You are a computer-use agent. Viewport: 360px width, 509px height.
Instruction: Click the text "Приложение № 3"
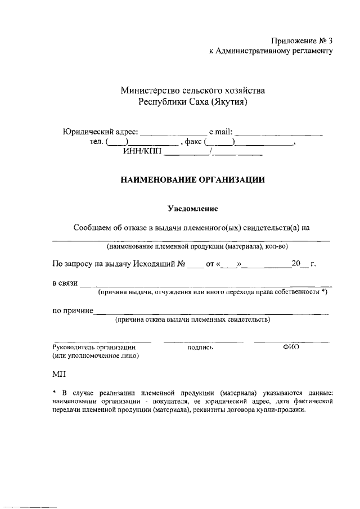click(x=298, y=40)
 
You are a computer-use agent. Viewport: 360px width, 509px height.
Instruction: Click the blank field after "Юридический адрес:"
click(x=173, y=134)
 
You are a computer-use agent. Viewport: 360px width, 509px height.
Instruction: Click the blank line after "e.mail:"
click(x=278, y=134)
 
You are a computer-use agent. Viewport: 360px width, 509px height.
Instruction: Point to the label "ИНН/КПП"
click(x=141, y=151)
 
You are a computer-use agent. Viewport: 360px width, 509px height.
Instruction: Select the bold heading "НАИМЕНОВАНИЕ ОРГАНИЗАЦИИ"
click(x=192, y=180)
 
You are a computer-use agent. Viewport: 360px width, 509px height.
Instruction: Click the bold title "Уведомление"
click(x=192, y=209)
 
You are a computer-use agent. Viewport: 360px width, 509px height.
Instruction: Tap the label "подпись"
click(x=201, y=348)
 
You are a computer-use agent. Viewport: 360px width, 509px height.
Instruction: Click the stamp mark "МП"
click(x=58, y=373)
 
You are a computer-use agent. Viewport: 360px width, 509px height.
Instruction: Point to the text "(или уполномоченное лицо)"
click(x=96, y=355)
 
